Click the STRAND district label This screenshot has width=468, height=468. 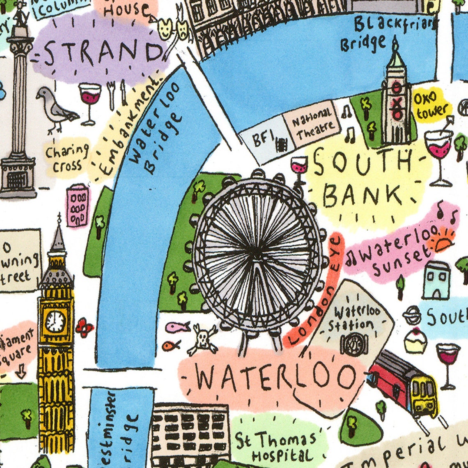pyautogui.click(x=101, y=53)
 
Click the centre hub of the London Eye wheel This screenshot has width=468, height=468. pyautogui.click(x=256, y=248)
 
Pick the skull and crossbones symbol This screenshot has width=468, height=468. pyautogui.click(x=203, y=340)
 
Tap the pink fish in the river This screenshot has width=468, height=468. pyautogui.click(x=177, y=327)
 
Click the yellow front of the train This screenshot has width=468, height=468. pyautogui.click(x=424, y=394)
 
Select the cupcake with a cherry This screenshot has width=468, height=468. pyautogui.click(x=415, y=340)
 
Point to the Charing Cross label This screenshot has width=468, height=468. pyautogui.click(x=67, y=158)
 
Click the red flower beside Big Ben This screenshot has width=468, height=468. pyautogui.click(x=84, y=327)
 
